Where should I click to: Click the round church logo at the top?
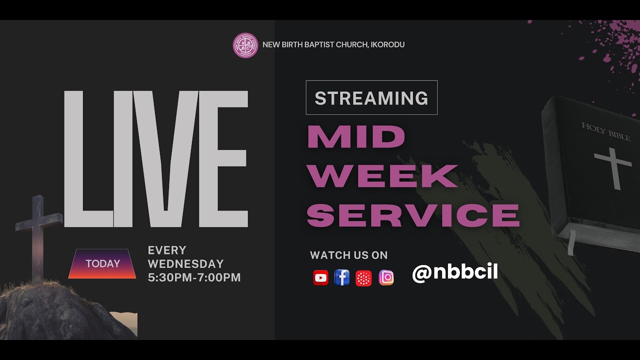tap(245, 45)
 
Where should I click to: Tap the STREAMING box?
tap(371, 98)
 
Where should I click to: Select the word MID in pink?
tap(356, 136)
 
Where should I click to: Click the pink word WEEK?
tap(382, 175)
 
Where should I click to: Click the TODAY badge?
tap(102, 263)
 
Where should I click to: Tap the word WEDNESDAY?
tap(185, 264)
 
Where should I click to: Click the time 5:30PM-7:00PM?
tap(194, 277)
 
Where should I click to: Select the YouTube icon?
tap(320, 277)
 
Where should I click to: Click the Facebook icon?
tap(342, 277)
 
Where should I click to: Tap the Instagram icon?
tap(386, 277)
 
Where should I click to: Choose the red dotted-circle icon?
tap(363, 278)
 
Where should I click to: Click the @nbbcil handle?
tap(454, 272)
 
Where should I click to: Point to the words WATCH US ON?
tap(348, 255)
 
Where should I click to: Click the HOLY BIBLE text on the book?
tap(606, 131)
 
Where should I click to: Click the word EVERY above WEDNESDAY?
tap(167, 250)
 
